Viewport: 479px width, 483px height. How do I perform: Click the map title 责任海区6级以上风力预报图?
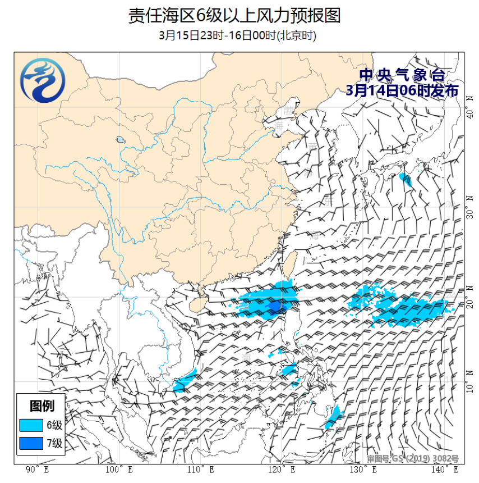(x=234, y=15)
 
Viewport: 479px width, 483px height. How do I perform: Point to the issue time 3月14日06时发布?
(x=402, y=90)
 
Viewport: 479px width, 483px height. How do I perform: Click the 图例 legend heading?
(x=42, y=405)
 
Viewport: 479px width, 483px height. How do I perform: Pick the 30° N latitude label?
(x=470, y=206)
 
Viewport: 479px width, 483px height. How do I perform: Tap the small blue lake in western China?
(x=120, y=140)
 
